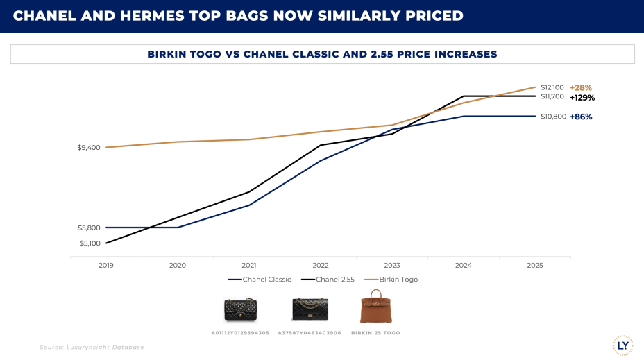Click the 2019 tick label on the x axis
pos(106,265)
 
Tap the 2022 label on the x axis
pos(321,265)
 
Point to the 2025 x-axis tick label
pos(534,265)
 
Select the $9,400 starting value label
pos(89,148)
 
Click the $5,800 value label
pos(89,228)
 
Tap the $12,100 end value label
pos(552,87)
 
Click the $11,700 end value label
pos(552,96)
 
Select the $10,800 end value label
pos(552,117)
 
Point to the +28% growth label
pos(581,88)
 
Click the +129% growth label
pos(582,98)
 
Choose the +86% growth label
pos(581,117)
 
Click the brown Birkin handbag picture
pos(375,307)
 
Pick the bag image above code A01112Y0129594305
pos(240,309)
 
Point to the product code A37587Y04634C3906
pos(309,333)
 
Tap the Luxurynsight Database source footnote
pos(92,347)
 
